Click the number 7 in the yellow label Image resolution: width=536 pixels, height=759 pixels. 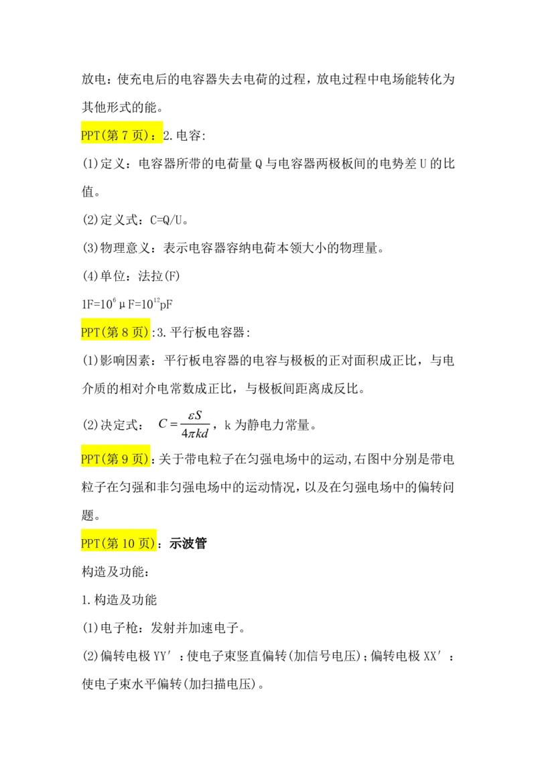(x=124, y=135)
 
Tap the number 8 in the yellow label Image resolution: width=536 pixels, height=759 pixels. (x=124, y=332)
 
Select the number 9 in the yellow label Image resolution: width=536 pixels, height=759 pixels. (x=124, y=459)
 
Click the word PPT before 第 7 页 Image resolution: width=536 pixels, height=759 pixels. (x=90, y=135)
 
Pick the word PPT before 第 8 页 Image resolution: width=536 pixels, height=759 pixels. (x=90, y=332)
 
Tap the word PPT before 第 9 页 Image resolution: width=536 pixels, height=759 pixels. (x=90, y=459)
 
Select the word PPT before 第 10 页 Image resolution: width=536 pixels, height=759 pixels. (x=90, y=544)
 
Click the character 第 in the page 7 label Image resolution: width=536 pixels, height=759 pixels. (x=111, y=135)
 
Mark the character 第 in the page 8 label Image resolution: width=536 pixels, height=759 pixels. (x=111, y=332)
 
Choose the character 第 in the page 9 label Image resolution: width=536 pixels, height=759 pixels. (x=111, y=459)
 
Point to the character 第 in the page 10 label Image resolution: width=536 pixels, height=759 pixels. (x=111, y=544)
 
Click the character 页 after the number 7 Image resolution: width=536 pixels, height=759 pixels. (x=137, y=135)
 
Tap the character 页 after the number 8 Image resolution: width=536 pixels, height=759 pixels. (x=137, y=332)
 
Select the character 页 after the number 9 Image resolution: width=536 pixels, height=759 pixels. (x=137, y=459)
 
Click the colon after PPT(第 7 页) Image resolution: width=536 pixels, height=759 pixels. (x=155, y=136)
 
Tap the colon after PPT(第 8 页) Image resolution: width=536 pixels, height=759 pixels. (x=153, y=333)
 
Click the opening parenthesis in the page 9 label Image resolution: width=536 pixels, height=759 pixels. (x=102, y=459)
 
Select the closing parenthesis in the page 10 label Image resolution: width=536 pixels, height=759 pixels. (x=155, y=544)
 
